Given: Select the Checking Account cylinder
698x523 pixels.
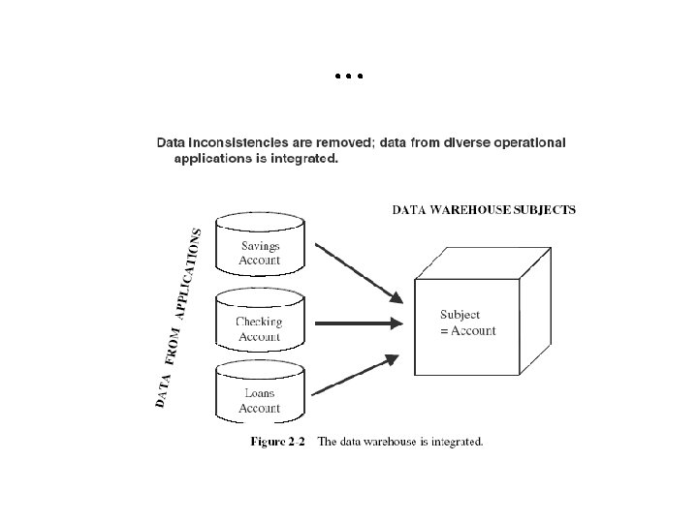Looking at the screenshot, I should coord(259,325).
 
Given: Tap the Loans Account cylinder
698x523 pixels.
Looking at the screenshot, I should coord(259,397).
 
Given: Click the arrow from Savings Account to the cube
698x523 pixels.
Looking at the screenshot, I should coord(360,272).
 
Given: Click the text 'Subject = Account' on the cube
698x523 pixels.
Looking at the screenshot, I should coord(467,323).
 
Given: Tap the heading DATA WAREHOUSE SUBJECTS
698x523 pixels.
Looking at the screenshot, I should coord(483,208).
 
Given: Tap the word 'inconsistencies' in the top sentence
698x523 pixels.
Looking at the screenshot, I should coord(238,142).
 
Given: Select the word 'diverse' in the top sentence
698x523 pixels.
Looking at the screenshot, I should coord(446,142).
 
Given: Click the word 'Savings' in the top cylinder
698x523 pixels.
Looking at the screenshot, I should coord(260,246).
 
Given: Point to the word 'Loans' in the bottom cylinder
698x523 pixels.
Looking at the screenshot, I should coord(259,393).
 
